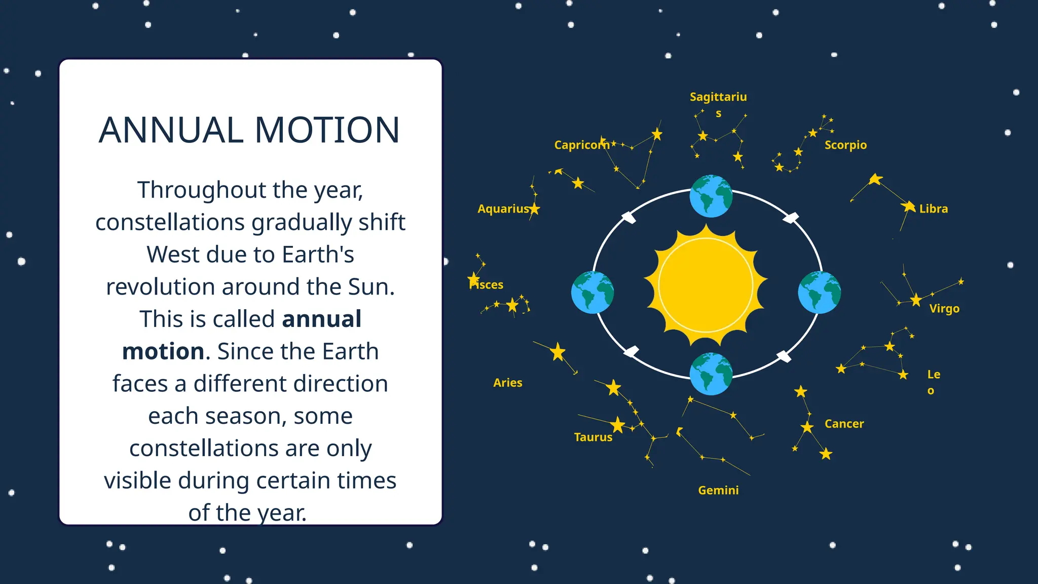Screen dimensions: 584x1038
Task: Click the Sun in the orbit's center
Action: pos(706,286)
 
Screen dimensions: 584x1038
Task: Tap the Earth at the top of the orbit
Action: pos(711,196)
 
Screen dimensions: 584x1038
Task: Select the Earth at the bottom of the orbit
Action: pos(711,374)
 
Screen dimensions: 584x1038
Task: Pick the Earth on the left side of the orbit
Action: pos(592,293)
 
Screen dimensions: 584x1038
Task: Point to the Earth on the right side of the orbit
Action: pos(819,293)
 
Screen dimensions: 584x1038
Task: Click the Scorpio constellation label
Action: pos(845,145)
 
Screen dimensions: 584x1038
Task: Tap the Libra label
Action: pos(933,209)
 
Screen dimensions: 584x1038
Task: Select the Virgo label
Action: pos(944,309)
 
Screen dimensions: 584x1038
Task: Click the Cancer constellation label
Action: pos(844,424)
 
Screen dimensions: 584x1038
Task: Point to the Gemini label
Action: pos(718,490)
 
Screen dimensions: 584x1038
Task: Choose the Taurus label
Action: pos(593,437)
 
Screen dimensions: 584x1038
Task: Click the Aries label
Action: pos(507,383)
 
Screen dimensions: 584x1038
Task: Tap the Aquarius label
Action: pos(503,209)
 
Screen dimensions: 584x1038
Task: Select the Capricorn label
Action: pos(581,145)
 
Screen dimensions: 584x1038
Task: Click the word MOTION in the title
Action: pos(327,130)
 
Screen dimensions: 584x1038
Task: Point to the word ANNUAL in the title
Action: pos(171,130)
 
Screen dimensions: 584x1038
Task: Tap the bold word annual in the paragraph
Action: pos(321,319)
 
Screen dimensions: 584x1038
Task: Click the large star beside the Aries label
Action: pos(558,351)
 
